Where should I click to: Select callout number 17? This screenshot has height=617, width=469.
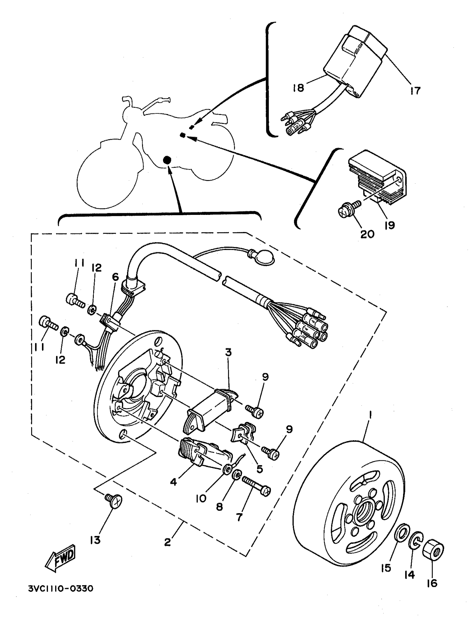(x=415, y=90)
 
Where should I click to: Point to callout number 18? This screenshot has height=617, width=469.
(x=298, y=88)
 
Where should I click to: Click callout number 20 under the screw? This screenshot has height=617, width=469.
(x=367, y=234)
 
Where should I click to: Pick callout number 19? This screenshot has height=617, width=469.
(x=390, y=225)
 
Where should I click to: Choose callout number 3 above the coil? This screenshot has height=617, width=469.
(x=228, y=352)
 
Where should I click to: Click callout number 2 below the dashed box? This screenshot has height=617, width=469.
(x=167, y=542)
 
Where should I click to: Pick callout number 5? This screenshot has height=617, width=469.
(x=260, y=469)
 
